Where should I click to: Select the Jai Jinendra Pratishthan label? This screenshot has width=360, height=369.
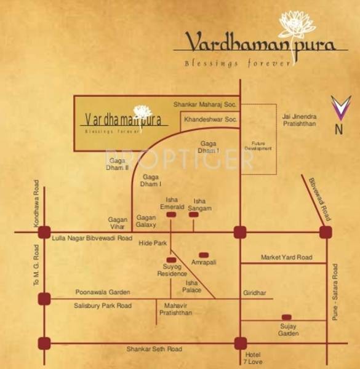[300, 119]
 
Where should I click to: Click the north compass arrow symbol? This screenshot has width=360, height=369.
[340, 109]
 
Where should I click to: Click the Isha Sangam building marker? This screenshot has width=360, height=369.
[194, 215]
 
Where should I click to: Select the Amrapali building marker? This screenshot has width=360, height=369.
[204, 254]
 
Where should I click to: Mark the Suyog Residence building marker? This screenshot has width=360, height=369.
[171, 260]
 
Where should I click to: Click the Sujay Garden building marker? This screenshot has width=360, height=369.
[287, 317]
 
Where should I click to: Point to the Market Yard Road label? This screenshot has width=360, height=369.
[286, 257]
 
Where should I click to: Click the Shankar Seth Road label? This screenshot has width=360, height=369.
[154, 349]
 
